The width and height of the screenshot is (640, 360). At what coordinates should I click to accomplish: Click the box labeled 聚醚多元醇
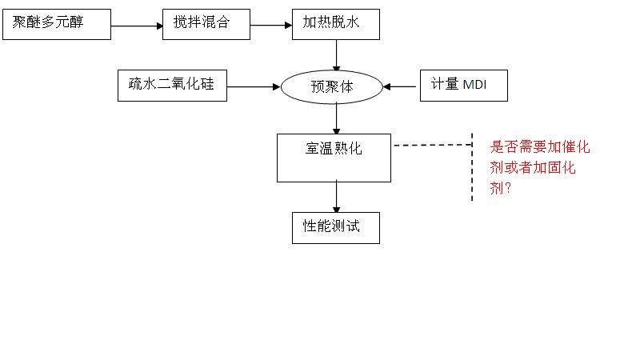tap(56, 24)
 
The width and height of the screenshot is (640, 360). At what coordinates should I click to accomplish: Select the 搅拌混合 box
tap(201, 24)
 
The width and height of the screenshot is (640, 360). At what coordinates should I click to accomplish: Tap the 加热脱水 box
tap(335, 24)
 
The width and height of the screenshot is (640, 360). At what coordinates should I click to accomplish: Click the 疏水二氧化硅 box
tap(172, 85)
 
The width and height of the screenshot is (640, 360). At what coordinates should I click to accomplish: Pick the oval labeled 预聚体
tap(331, 87)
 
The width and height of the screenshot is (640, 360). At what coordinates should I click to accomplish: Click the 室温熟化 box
tap(334, 157)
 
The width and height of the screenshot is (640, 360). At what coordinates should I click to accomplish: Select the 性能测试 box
tap(335, 227)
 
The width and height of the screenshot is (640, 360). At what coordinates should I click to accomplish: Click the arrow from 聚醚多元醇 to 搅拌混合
tap(136, 26)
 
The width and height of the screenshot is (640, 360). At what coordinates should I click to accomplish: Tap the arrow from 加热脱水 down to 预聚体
tap(336, 55)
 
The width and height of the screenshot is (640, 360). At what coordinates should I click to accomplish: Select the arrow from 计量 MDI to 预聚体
tap(402, 86)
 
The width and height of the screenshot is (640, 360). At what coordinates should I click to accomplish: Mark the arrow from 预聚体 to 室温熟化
tap(336, 118)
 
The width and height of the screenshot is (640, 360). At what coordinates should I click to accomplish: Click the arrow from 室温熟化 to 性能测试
tap(336, 197)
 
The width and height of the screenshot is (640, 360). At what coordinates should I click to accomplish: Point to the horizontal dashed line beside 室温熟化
tap(432, 145)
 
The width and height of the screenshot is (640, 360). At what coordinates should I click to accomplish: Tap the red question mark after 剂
tap(509, 189)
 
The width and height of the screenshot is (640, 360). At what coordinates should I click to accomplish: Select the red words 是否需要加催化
tap(540, 147)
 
